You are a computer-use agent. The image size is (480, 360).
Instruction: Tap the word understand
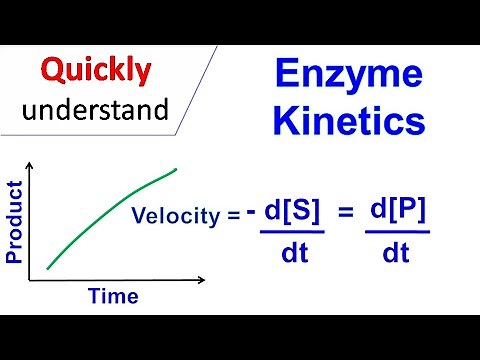97,109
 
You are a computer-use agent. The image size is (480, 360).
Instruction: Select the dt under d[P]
397,254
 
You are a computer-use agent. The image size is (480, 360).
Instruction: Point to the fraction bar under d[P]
397,233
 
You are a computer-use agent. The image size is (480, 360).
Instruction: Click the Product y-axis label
15,221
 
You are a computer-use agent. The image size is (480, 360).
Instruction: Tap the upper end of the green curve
177,169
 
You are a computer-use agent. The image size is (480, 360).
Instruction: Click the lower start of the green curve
47,268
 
